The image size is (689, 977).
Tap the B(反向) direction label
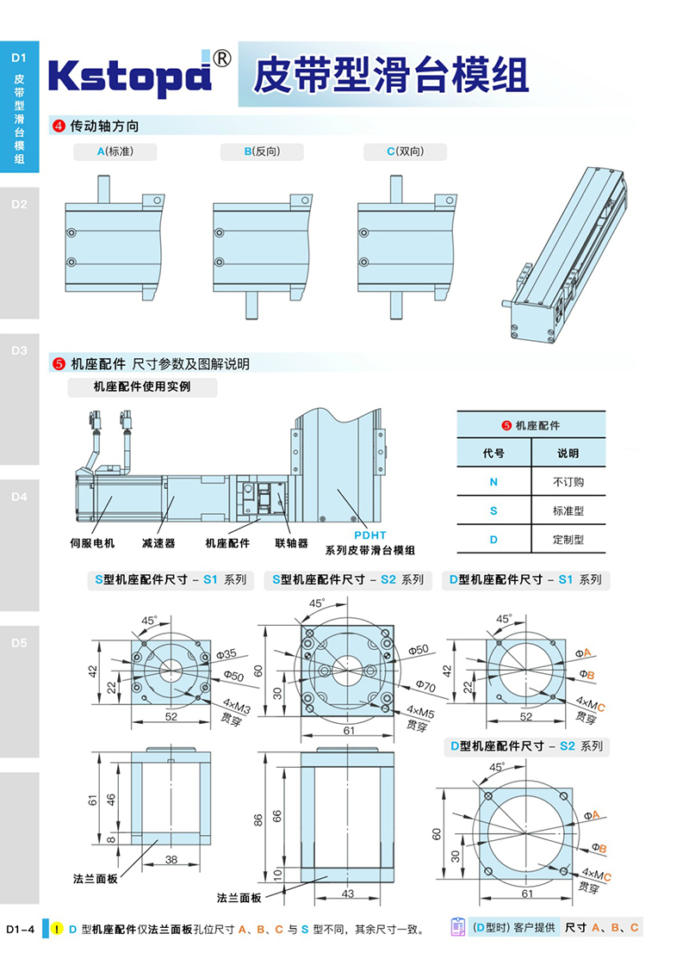click(262, 151)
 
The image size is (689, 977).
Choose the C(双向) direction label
click(405, 151)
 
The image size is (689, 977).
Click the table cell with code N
click(493, 482)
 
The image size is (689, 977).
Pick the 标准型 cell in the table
click(568, 510)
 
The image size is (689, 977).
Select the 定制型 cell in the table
click(568, 540)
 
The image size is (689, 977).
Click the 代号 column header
click(493, 454)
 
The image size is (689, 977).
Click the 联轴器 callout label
click(291, 543)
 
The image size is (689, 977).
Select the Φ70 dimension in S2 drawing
click(425, 686)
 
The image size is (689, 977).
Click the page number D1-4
click(20, 929)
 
